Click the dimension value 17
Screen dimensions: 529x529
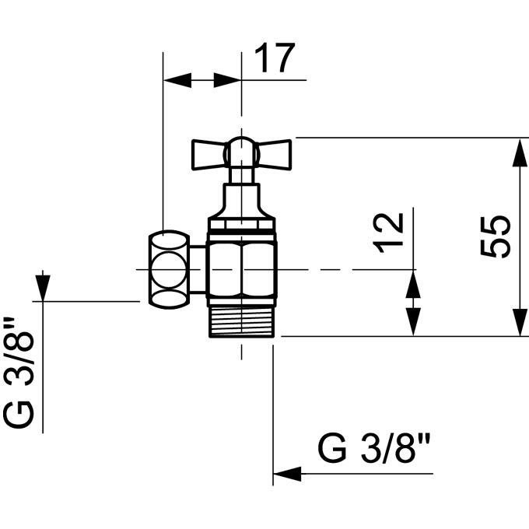click(275, 58)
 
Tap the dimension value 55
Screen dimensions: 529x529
click(496, 236)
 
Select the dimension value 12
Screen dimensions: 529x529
click(388, 233)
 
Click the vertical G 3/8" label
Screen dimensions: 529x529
click(19, 373)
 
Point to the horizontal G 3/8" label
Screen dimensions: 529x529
click(374, 449)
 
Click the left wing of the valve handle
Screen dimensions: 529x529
click(208, 155)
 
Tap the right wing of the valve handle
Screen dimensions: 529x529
click(274, 155)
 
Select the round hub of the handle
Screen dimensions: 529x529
click(242, 152)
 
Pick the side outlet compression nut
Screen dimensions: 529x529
click(169, 270)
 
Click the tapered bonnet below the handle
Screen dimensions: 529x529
click(242, 201)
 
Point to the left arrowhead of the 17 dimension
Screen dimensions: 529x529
click(177, 80)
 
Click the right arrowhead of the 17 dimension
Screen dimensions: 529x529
click(227, 80)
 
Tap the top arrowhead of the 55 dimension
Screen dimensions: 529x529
click(520, 152)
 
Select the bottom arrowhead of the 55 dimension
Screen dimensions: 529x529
click(520, 322)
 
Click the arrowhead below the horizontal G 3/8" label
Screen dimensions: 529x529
click(287, 474)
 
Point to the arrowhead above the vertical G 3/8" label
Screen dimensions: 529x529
click(43, 288)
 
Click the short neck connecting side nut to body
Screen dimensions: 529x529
click(198, 270)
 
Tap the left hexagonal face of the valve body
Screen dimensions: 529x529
click(224, 270)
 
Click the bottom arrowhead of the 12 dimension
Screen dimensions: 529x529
click(413, 322)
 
